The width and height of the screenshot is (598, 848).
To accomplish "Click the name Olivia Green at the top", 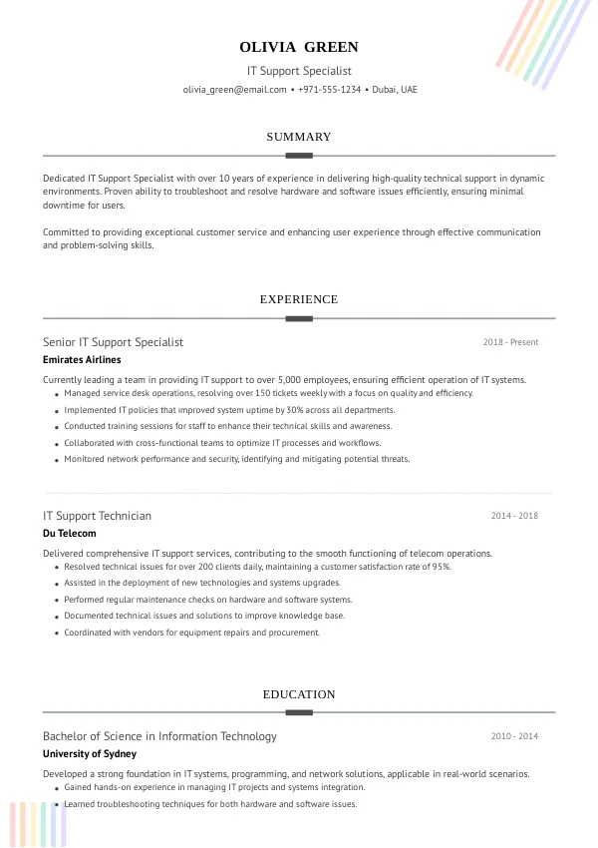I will pyautogui.click(x=299, y=47).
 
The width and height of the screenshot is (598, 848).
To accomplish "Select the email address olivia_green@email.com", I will pyautogui.click(x=234, y=90).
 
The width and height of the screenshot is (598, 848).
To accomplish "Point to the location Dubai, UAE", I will pyautogui.click(x=395, y=90).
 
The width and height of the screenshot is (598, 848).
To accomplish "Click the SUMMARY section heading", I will pyautogui.click(x=299, y=137).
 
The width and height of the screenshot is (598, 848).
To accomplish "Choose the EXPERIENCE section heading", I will pyautogui.click(x=299, y=299).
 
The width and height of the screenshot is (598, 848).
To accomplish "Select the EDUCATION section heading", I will pyautogui.click(x=299, y=694).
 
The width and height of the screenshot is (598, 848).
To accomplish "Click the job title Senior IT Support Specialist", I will pyautogui.click(x=113, y=342).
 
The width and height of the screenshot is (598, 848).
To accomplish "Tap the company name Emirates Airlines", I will pyautogui.click(x=82, y=359).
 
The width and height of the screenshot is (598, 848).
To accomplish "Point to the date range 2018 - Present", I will pyautogui.click(x=510, y=342).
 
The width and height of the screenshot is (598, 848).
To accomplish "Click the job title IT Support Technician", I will pyautogui.click(x=97, y=516).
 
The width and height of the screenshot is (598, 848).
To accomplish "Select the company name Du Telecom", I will pyautogui.click(x=70, y=533).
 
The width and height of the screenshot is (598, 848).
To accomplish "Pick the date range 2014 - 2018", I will pyautogui.click(x=514, y=516).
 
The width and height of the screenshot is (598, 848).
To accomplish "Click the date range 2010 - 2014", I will pyautogui.click(x=514, y=736).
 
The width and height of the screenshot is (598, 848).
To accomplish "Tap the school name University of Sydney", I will pyautogui.click(x=90, y=753).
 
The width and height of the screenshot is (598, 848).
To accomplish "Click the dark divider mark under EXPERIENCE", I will pyautogui.click(x=299, y=318).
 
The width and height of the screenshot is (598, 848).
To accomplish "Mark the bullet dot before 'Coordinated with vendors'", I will pyautogui.click(x=56, y=634).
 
